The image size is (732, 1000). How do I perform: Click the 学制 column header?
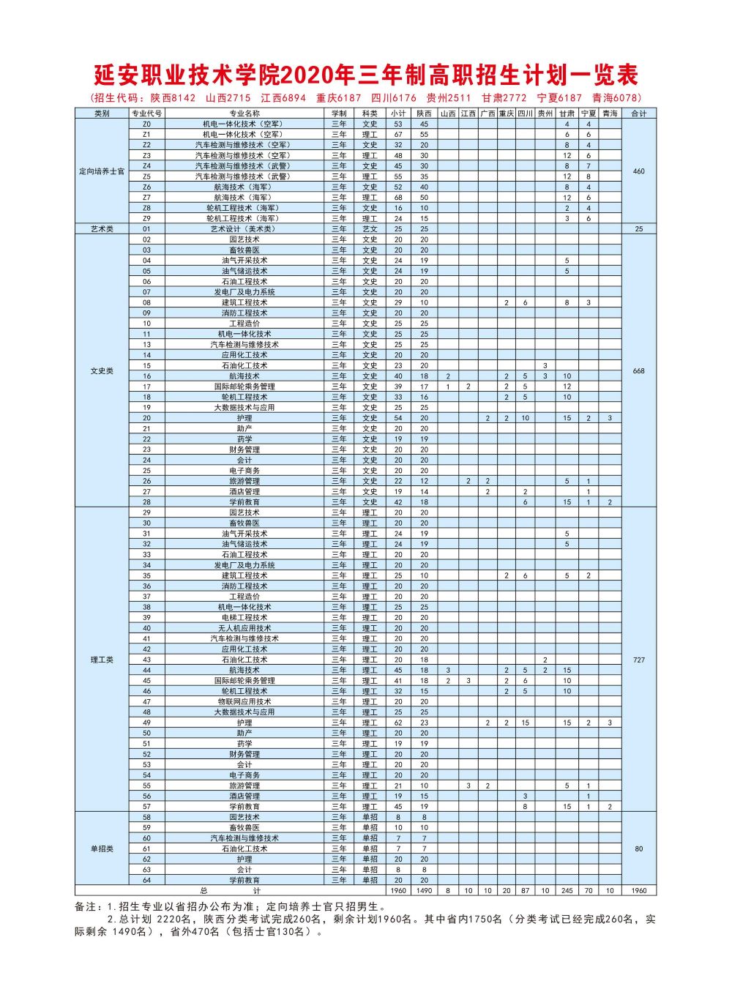[x=339, y=113]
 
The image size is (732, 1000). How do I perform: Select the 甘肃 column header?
[x=567, y=113]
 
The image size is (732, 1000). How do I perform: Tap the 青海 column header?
[x=610, y=113]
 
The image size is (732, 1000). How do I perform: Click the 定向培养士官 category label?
[x=102, y=171]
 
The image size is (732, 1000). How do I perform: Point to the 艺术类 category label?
[x=102, y=229]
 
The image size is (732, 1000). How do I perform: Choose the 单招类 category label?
[x=102, y=848]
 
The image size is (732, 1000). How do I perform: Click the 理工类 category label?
[x=102, y=660]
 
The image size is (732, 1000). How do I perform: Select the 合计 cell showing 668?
[x=638, y=371]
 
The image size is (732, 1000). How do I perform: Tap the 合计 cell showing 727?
[x=638, y=660]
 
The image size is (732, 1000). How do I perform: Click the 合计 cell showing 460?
[x=638, y=171]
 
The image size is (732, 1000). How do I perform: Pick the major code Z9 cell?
[x=146, y=218]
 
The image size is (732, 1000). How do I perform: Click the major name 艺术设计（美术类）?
[x=244, y=229]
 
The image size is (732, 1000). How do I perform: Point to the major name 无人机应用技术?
[x=244, y=628]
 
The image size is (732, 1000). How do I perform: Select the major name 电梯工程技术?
[x=244, y=617]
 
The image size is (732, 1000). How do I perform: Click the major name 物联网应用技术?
[x=244, y=701]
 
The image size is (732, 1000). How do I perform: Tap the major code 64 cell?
[x=146, y=880]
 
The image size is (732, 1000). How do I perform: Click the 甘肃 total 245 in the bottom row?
[x=567, y=891]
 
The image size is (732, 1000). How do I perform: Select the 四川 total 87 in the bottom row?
[x=525, y=891]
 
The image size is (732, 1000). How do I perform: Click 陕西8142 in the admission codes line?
[x=173, y=98]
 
